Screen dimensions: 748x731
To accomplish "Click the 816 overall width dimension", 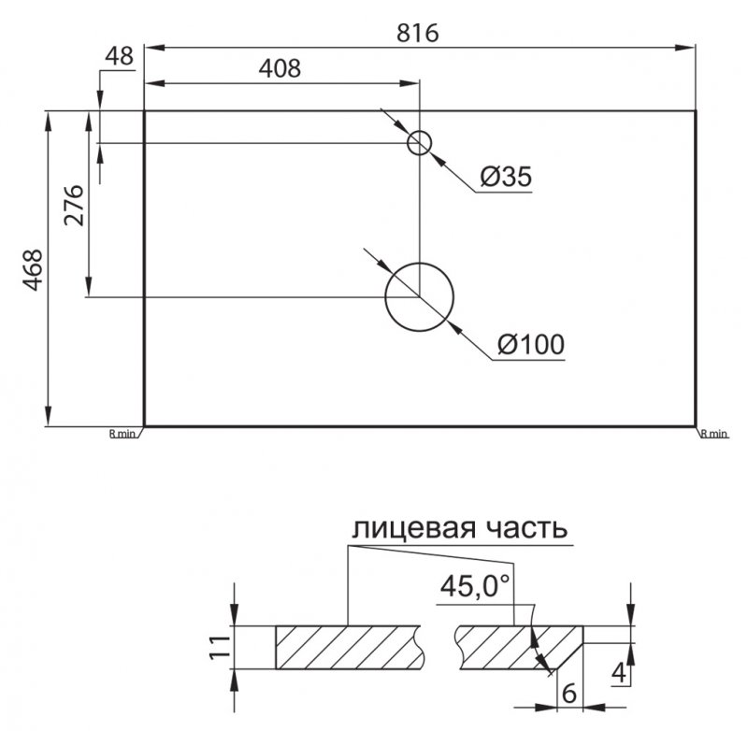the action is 417,33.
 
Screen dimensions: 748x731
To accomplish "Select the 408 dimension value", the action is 280,68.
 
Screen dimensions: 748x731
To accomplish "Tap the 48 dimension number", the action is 120,56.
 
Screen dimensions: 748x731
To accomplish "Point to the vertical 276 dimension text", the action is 75,205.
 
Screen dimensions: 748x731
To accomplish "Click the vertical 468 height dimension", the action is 34,270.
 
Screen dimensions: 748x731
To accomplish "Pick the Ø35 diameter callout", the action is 506,177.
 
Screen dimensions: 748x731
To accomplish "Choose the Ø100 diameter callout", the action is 531,344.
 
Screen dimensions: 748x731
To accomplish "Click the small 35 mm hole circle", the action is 419,143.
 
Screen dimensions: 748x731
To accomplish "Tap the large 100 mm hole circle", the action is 419,296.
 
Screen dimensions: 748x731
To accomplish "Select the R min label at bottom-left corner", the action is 123,434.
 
